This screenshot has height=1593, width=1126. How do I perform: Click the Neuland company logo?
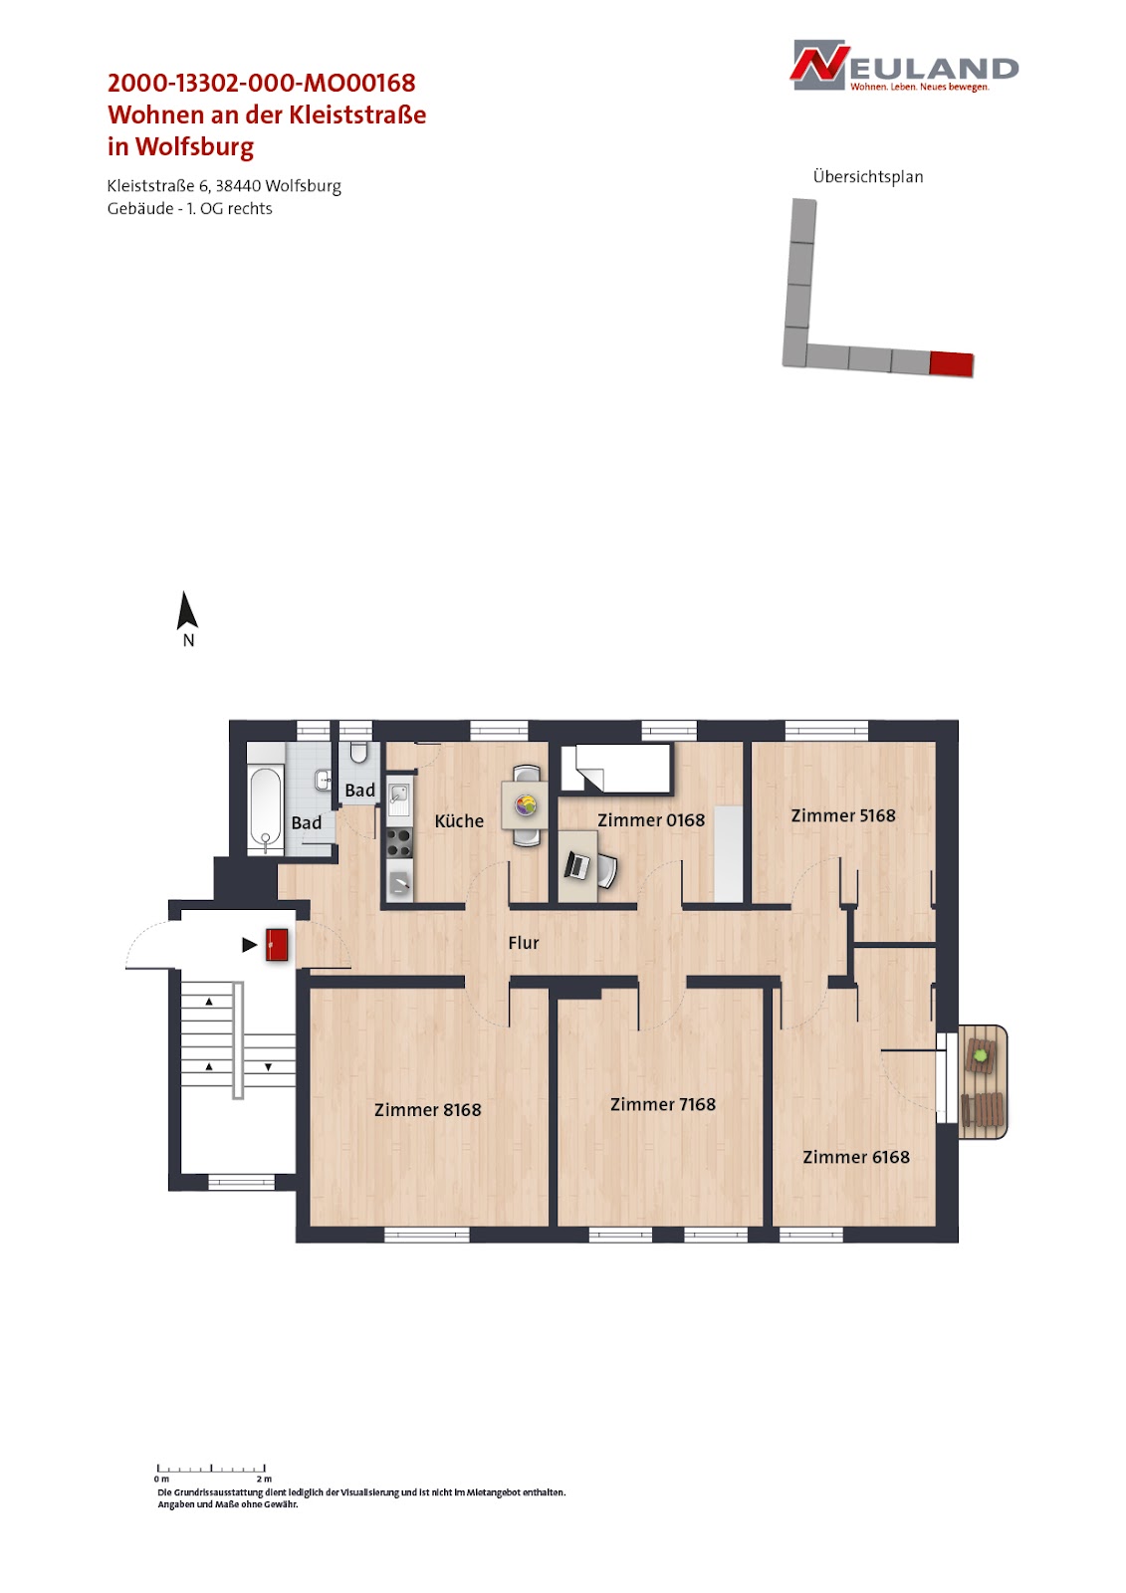tap(904, 66)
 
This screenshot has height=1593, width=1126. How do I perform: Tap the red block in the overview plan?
tap(951, 363)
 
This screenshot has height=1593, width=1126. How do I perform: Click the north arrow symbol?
tap(187, 611)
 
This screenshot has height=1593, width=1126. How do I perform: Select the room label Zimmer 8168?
tap(427, 1109)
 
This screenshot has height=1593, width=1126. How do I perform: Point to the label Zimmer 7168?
tap(663, 1104)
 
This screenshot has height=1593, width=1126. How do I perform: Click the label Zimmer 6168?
tap(856, 1157)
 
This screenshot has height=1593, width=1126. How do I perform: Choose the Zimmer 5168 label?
tap(843, 815)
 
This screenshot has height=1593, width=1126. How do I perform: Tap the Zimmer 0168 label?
tap(651, 820)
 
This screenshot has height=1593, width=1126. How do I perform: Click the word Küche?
tap(459, 820)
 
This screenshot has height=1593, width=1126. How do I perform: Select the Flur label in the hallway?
tap(524, 942)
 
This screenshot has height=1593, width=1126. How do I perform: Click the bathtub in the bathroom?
tap(265, 810)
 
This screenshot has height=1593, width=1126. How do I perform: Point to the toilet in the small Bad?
tap(358, 753)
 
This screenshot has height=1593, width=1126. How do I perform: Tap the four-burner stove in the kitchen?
tap(399, 842)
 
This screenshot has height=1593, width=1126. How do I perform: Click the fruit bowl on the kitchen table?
tap(525, 805)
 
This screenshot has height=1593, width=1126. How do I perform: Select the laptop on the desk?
tap(576, 865)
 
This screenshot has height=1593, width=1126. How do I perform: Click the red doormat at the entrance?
tap(277, 945)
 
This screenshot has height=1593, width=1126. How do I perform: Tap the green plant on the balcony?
tap(981, 1055)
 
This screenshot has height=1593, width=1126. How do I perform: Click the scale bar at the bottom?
tap(211, 1468)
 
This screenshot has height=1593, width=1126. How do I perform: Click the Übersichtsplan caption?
tap(868, 176)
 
